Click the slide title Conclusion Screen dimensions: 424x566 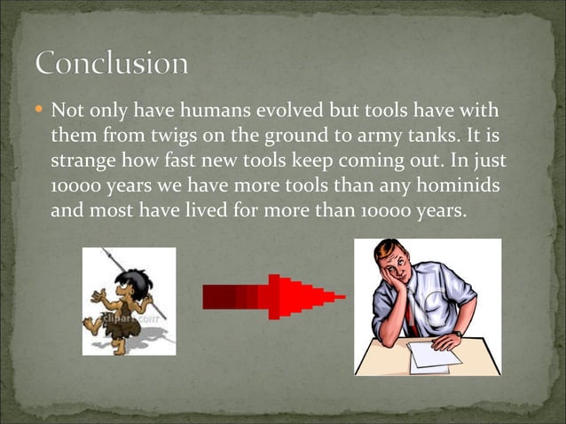tap(112, 65)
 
